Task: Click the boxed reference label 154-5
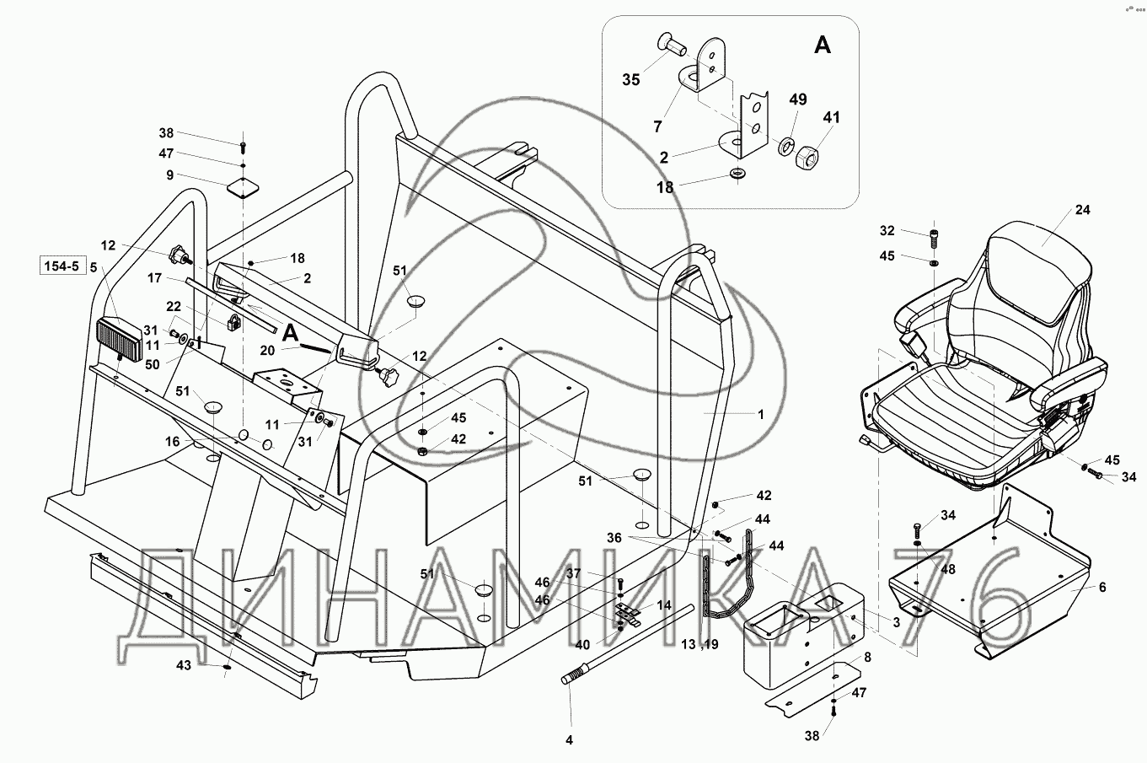point(62,266)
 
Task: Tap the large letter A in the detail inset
point(823,45)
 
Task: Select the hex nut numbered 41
point(807,159)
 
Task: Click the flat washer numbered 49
point(786,147)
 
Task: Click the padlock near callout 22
point(233,322)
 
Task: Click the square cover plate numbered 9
point(243,187)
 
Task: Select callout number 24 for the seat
point(1082,210)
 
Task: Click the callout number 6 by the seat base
point(1102,588)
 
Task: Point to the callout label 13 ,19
point(699,645)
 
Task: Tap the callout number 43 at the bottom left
point(184,665)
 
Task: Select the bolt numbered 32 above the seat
point(934,239)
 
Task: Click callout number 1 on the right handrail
point(761,414)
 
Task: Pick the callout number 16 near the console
point(173,441)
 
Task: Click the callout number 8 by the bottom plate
point(867,657)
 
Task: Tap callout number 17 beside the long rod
point(154,277)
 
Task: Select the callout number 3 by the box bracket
point(897,622)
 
